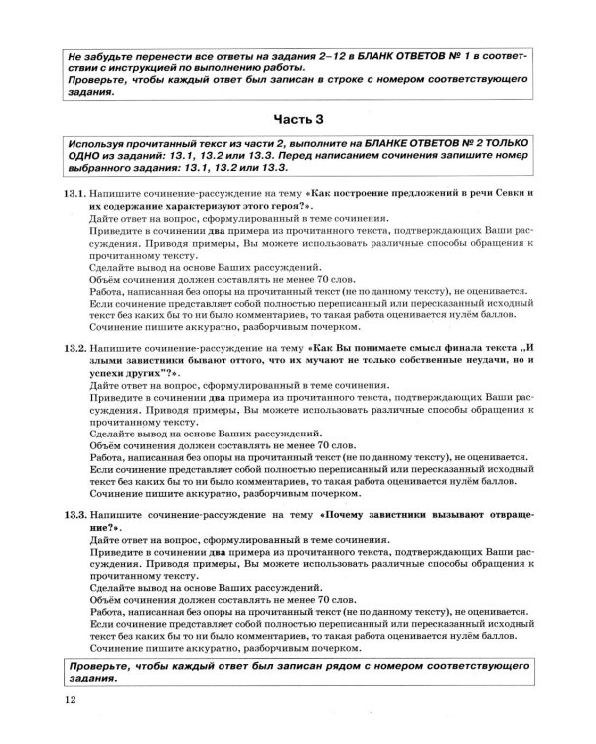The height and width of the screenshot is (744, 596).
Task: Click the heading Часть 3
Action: click(x=299, y=122)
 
